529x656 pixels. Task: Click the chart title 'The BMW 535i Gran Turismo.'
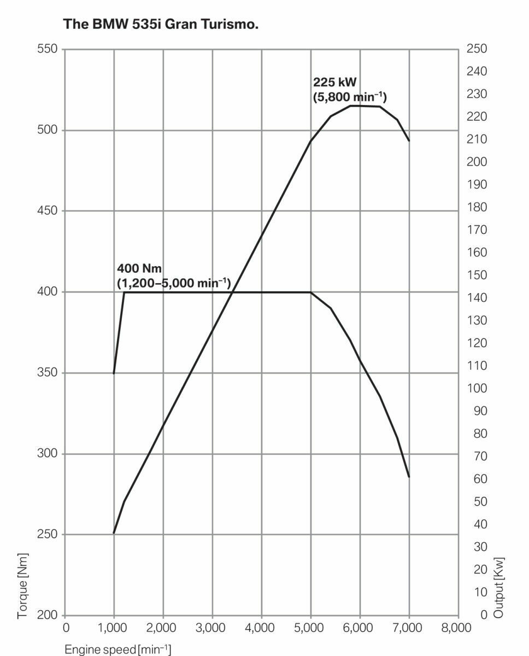[x=161, y=24]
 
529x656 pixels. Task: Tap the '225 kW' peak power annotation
[x=334, y=83]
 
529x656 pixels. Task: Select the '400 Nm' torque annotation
[x=139, y=268]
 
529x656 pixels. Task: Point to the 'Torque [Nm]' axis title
[x=22, y=585]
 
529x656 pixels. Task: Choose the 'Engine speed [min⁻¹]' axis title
[x=117, y=649]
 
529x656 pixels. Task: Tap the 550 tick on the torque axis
[x=47, y=49]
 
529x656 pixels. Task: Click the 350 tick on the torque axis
[x=47, y=373]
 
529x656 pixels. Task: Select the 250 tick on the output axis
[x=477, y=49]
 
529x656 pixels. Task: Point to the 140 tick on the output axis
[x=477, y=298]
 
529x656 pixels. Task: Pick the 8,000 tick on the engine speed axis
[x=456, y=628]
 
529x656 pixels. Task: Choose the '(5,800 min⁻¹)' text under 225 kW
[x=350, y=98]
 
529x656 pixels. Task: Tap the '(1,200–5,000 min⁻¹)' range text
[x=174, y=283]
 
